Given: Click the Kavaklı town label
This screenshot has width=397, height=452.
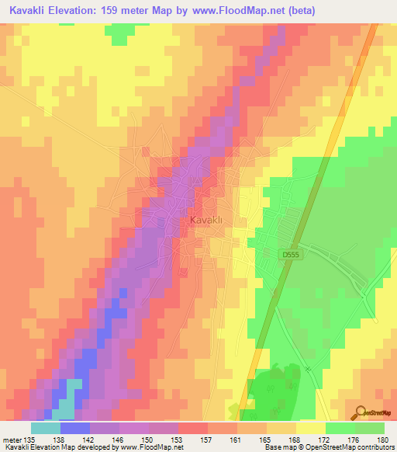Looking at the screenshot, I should pos(205,221).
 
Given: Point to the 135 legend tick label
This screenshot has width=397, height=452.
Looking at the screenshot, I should pos(31,439).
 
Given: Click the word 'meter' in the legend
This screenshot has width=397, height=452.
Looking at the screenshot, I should pos(11,439).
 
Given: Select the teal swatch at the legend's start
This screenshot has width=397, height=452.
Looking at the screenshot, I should pos(46,428).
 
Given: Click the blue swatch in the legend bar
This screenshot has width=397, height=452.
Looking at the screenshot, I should pos(75,428).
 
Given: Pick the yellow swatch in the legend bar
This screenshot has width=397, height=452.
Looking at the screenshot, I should pos(311,428).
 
